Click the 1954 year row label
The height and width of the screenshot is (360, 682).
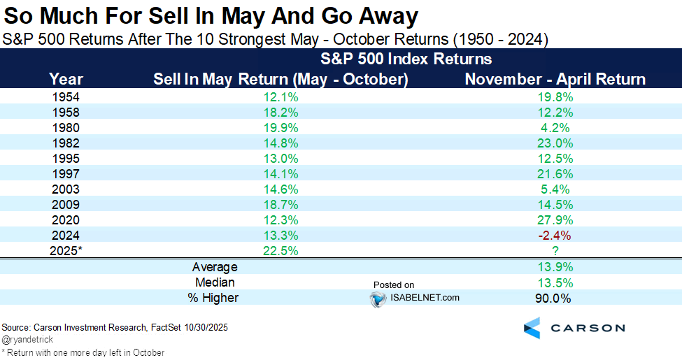[66, 96]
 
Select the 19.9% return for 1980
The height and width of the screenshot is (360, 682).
[280, 127]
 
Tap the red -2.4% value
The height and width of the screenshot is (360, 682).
[555, 234]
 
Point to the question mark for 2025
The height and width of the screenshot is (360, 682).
[555, 250]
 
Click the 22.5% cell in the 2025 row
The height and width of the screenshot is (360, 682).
[280, 250]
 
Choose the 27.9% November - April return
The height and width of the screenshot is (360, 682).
[555, 219]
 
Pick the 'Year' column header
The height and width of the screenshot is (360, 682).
[66, 79]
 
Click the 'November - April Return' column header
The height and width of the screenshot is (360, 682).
[555, 79]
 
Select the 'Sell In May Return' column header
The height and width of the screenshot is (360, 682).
[280, 79]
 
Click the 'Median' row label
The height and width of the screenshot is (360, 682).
[215, 282]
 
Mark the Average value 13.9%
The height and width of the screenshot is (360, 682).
[555, 267]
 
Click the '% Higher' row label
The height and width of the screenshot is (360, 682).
[215, 298]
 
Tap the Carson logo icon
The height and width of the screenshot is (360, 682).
[532, 327]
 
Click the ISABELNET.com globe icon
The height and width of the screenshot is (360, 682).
[378, 298]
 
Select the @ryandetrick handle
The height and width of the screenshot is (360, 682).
[28, 340]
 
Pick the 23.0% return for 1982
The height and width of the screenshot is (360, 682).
[555, 143]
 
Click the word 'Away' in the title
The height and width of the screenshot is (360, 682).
[383, 15]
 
